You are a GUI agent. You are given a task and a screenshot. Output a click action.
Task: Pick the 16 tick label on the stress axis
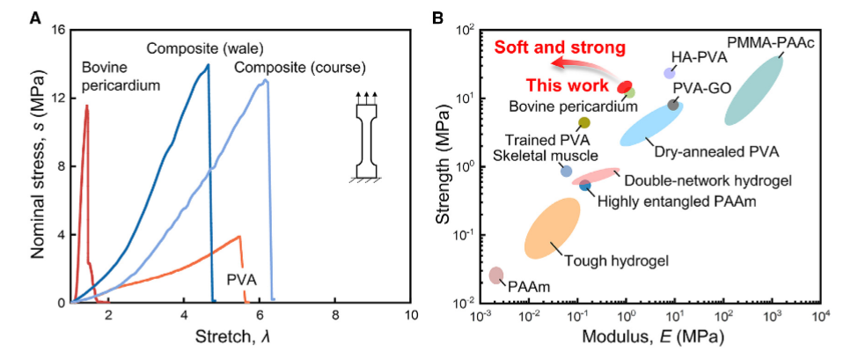[x=58, y=30]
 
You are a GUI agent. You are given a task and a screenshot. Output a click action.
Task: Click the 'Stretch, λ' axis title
[x=240, y=339]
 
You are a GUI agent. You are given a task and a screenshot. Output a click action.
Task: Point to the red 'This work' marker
[x=625, y=86]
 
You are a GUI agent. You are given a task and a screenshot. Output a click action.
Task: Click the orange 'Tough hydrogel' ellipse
[x=552, y=229]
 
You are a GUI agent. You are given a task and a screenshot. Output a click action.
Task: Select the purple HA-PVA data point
[x=669, y=73]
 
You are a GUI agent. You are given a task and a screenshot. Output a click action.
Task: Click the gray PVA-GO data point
[x=673, y=104]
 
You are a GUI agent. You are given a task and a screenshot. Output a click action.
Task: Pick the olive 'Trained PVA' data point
[x=584, y=122]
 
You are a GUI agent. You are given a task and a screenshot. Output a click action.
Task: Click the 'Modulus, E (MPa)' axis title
[x=650, y=339]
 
